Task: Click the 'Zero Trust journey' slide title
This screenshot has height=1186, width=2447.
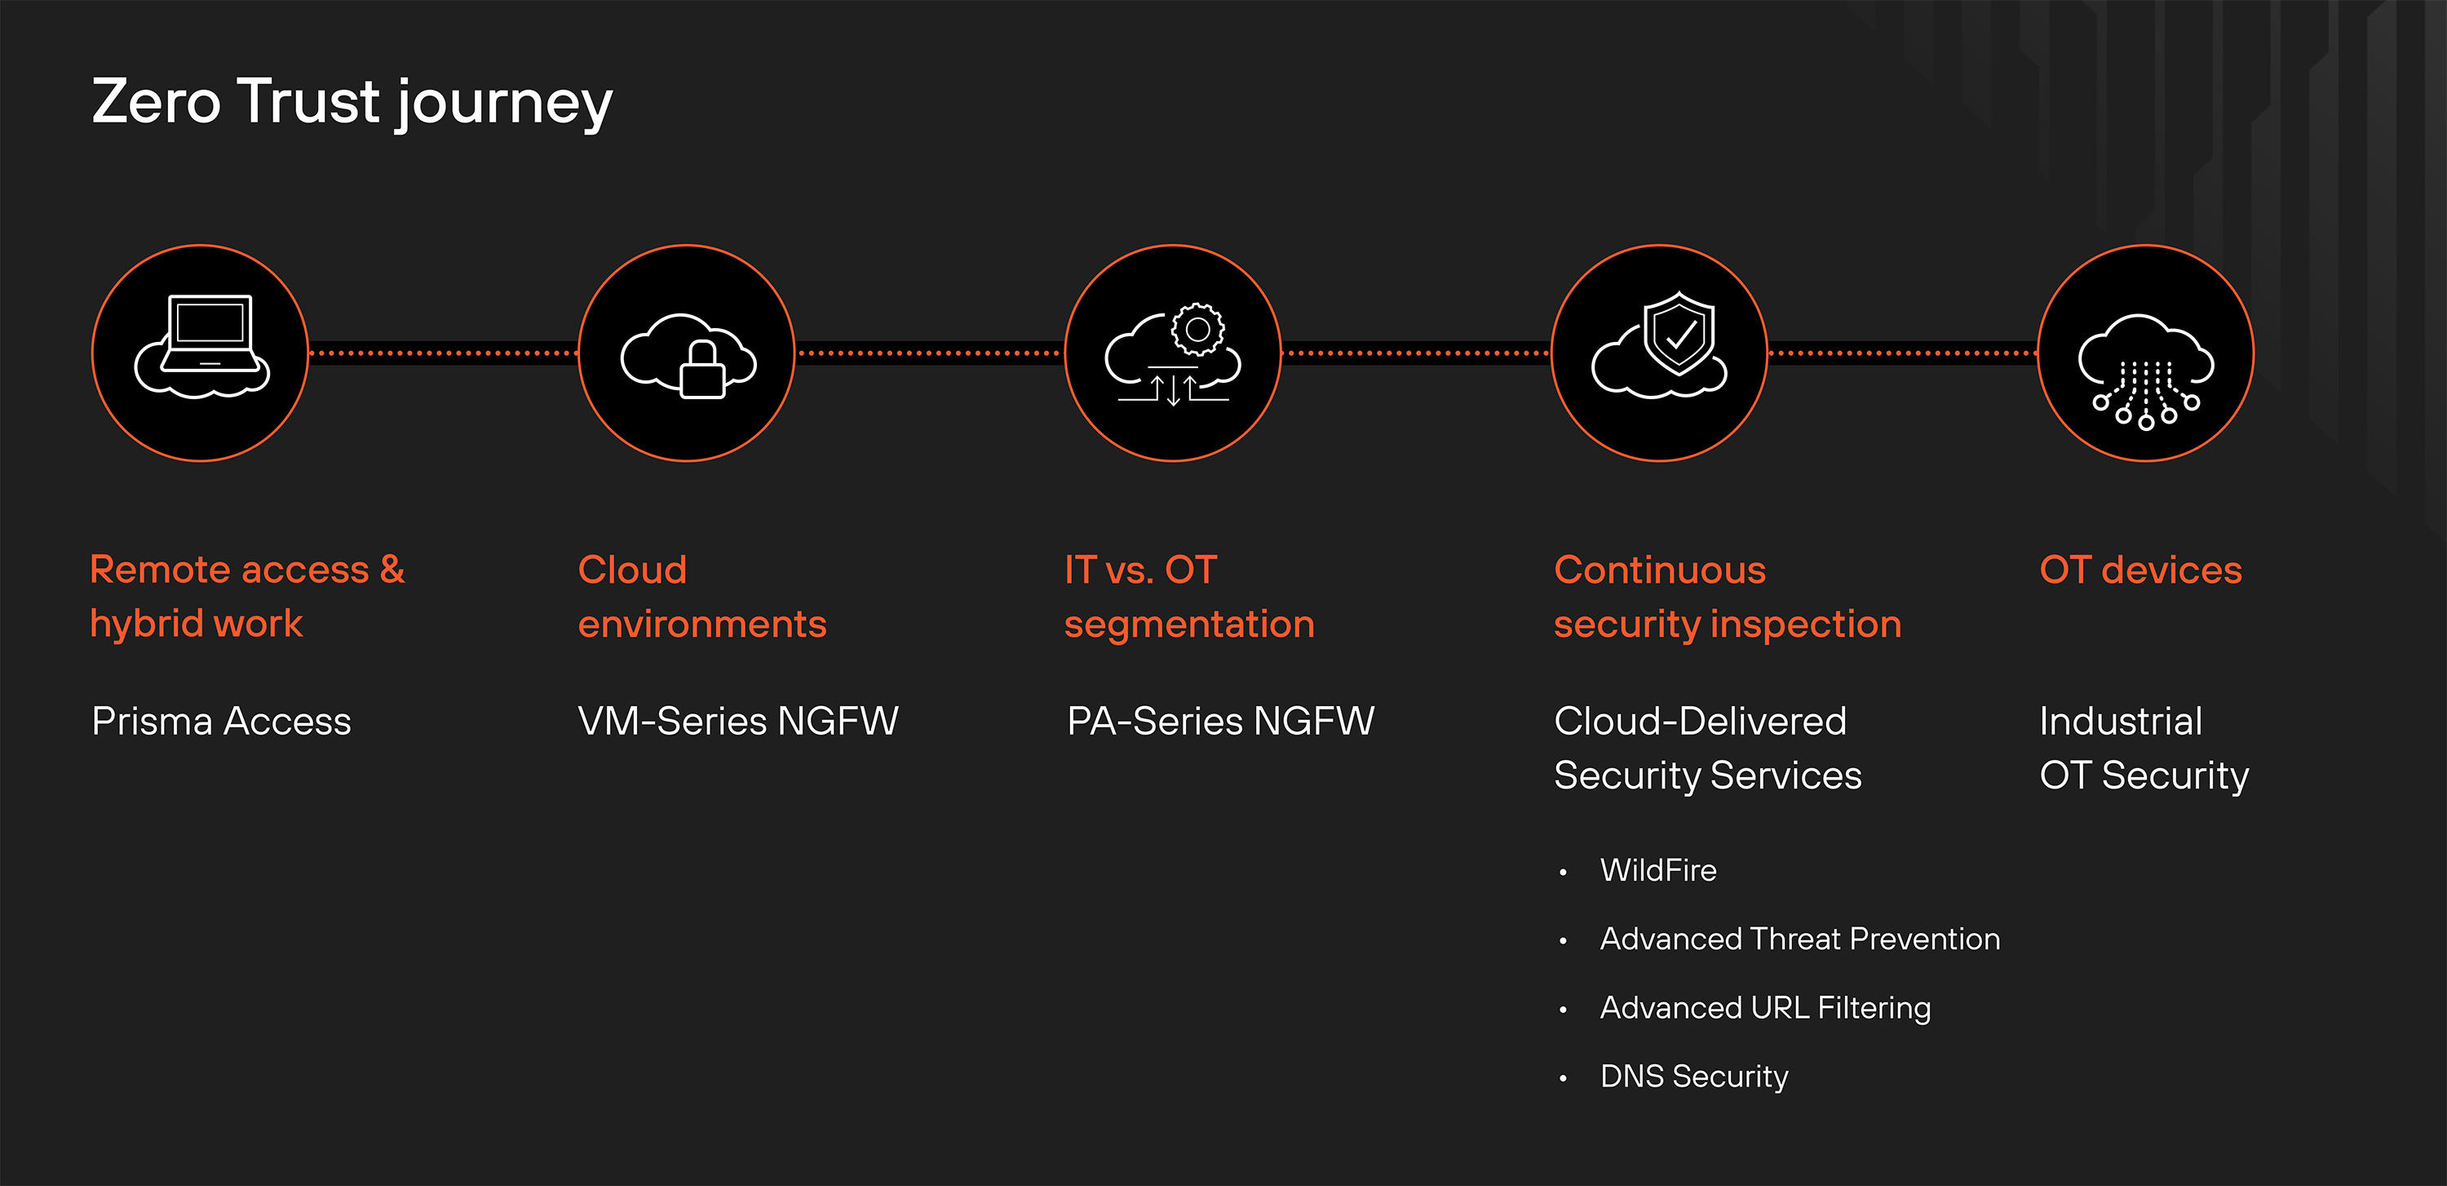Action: pyautogui.click(x=352, y=102)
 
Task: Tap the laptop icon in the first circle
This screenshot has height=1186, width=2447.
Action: pyautogui.click(x=209, y=332)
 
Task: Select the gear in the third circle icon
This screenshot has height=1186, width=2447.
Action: pyautogui.click(x=1198, y=329)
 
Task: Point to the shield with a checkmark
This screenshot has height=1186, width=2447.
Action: pyautogui.click(x=1679, y=332)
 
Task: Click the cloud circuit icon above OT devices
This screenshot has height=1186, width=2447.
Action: pyautogui.click(x=2145, y=371)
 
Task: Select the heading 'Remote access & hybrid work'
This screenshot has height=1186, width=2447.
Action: pyautogui.click(x=247, y=596)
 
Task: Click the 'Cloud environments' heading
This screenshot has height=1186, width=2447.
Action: pyautogui.click(x=702, y=596)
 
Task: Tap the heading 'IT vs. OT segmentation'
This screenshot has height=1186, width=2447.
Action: pyautogui.click(x=1188, y=596)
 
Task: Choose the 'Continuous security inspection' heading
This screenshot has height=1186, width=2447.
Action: pyautogui.click(x=1727, y=596)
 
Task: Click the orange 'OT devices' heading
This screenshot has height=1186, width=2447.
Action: pyautogui.click(x=2140, y=571)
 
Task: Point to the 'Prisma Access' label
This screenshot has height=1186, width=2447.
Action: pyautogui.click(x=221, y=722)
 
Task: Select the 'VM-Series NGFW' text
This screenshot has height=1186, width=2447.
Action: pyautogui.click(x=738, y=722)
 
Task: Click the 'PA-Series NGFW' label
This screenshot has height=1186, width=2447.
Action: pyautogui.click(x=1221, y=722)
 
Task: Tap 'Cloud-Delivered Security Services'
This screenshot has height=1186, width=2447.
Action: pyautogui.click(x=1707, y=748)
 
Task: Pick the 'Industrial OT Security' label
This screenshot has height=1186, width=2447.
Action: pyautogui.click(x=2144, y=748)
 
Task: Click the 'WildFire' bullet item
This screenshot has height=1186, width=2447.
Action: pyautogui.click(x=1657, y=870)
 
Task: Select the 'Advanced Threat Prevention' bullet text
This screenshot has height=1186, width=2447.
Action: pyautogui.click(x=1799, y=939)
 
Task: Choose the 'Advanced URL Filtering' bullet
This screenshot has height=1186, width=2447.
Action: pyautogui.click(x=1765, y=1007)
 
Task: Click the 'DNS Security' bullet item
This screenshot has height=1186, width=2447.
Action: pyautogui.click(x=1693, y=1076)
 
